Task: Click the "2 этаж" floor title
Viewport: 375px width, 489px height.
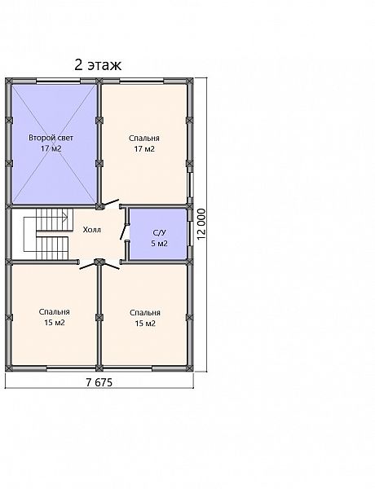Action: (98, 65)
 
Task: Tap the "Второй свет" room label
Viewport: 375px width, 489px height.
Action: (51, 138)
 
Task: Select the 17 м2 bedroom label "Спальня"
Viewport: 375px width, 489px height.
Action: (144, 139)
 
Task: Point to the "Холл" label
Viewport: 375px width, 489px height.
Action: (92, 230)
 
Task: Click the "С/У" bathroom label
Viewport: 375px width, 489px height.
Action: (159, 232)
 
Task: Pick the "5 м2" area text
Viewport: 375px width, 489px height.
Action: (159, 243)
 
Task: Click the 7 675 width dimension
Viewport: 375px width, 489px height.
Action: (99, 382)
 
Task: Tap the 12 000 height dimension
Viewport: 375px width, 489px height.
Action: (202, 224)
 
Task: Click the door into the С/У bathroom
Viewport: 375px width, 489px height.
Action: (125, 232)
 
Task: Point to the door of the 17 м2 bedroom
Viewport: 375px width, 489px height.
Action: (112, 203)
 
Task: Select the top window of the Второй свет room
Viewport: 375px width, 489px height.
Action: (58, 81)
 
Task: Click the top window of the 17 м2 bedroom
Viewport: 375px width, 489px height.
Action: (142, 81)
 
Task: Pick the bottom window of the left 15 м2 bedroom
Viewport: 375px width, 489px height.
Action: (68, 368)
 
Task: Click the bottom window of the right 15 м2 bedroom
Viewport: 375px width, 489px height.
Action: (130, 368)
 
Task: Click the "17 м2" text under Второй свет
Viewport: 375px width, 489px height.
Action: (51, 148)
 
